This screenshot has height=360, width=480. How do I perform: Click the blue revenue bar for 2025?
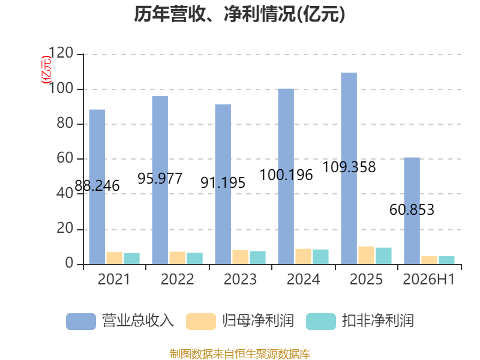349,169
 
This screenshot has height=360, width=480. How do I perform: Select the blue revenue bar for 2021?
97,187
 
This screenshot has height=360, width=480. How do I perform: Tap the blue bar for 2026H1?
412,211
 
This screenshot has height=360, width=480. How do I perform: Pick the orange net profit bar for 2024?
304,257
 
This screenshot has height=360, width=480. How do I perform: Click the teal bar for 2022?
194,259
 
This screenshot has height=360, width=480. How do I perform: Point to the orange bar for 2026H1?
429,260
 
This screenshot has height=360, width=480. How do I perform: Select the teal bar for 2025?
383,256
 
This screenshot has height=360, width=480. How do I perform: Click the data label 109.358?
349,167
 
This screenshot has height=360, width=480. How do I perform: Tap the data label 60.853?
412,209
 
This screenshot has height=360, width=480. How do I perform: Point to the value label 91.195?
223,183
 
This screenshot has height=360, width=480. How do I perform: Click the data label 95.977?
160,178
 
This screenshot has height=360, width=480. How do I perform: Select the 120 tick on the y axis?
61,53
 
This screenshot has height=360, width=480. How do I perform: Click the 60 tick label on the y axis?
65,158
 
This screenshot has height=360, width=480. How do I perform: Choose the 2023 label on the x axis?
240,279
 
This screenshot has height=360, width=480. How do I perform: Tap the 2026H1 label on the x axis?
429,279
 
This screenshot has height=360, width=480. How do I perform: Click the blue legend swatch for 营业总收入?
81,322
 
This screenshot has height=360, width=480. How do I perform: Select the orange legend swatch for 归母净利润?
201,322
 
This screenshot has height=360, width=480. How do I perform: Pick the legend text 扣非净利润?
378,321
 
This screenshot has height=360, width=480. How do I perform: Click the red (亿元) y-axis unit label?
46,70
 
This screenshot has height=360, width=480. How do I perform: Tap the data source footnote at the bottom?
240,354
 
